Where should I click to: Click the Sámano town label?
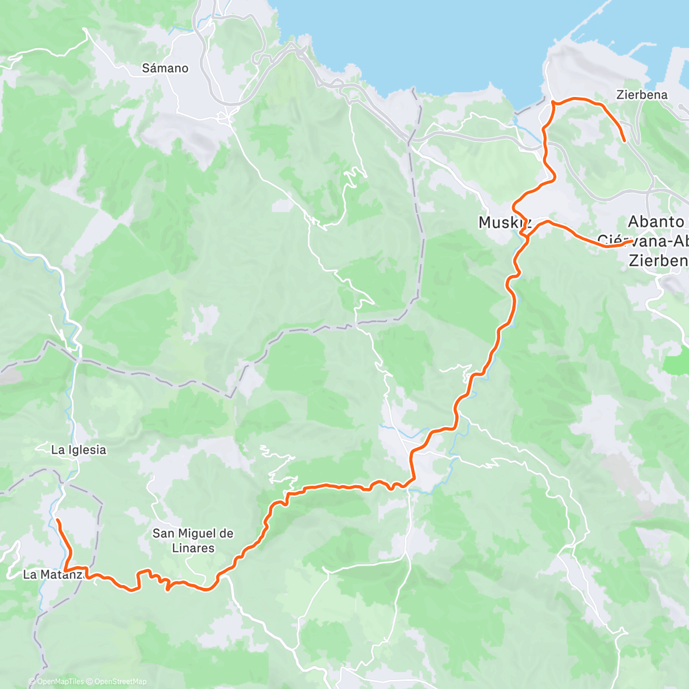click(165, 68)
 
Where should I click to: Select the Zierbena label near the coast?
click(642, 95)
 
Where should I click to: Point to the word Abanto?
click(656, 222)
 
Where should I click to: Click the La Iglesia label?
click(79, 450)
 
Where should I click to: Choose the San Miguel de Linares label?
click(193, 540)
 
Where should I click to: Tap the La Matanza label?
click(55, 574)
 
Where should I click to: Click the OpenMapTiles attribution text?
click(60, 682)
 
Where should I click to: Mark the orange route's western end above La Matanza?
click(57, 520)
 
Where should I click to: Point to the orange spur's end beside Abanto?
click(630, 242)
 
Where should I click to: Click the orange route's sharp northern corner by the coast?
click(552, 102)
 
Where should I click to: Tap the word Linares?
click(193, 548)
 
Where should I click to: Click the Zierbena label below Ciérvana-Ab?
click(658, 261)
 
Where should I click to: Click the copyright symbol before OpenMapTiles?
click(32, 682)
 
